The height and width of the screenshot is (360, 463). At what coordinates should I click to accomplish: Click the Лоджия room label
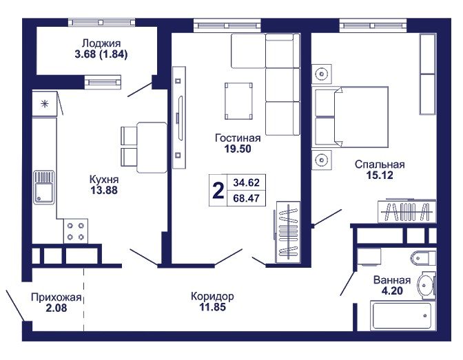point(101,43)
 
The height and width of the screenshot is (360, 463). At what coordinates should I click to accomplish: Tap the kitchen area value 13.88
point(104,191)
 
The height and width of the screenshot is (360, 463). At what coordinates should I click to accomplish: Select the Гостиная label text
point(238,138)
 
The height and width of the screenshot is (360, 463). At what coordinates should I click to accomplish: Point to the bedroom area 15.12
point(380,176)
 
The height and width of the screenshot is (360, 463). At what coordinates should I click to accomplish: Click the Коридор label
point(213,296)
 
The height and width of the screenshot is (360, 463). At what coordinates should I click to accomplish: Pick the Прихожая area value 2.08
point(56,308)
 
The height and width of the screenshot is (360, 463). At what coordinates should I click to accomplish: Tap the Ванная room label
point(392,279)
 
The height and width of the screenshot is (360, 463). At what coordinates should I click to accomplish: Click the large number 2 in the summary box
point(218,191)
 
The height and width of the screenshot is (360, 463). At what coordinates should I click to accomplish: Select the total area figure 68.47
point(246,198)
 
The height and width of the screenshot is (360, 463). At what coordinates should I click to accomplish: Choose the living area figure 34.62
point(246,182)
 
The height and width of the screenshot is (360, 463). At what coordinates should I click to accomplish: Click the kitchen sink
point(44,187)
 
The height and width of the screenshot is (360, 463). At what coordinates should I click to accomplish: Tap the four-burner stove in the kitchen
point(76,231)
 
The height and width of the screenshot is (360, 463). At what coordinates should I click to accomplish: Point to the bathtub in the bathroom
point(402,316)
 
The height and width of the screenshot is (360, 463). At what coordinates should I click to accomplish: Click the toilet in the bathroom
point(423,258)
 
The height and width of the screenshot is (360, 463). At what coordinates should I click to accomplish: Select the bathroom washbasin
point(426,285)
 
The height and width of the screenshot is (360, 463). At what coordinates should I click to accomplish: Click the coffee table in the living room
point(238,101)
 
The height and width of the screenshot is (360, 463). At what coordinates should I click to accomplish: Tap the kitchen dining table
point(152,147)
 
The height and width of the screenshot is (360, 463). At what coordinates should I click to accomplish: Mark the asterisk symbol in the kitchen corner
point(45,103)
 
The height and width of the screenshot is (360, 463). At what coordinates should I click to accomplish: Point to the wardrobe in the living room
point(288,232)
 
